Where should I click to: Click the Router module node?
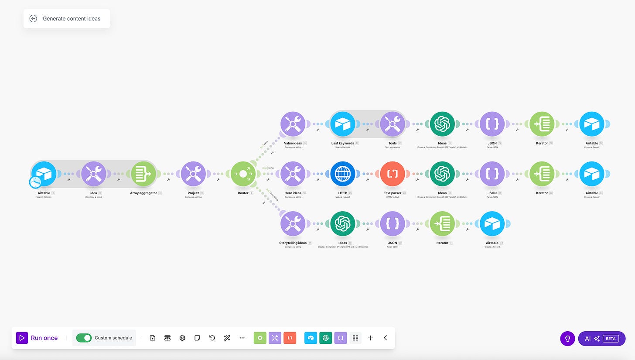243,174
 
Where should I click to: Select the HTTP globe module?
343,174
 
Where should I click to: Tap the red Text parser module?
393,174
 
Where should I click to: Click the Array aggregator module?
143,174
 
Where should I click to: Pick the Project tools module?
193,174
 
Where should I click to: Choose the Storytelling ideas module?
293,224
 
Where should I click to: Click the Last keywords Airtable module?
343,124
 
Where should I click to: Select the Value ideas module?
293,124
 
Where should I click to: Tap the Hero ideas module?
293,174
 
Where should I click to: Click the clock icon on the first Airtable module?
35,182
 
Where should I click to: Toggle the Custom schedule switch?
84,338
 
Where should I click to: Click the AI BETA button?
601,338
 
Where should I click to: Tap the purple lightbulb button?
567,338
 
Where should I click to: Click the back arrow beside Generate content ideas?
33,18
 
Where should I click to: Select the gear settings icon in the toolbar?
182,338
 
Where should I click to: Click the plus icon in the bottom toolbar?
370,338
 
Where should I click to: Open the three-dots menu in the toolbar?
242,338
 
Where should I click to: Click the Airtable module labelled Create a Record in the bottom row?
492,224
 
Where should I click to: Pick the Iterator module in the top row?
542,124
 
